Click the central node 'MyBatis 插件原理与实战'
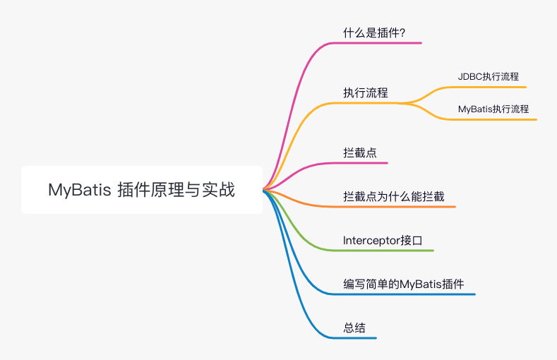click(x=141, y=190)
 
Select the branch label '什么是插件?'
click(x=374, y=32)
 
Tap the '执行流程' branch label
click(x=365, y=92)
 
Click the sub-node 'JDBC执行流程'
click(x=489, y=77)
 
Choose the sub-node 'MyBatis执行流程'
click(x=493, y=109)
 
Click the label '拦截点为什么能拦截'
click(x=393, y=196)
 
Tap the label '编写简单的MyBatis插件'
click(x=403, y=284)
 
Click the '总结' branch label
click(x=354, y=328)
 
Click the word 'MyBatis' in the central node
click(x=76, y=190)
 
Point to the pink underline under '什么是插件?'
click(x=381, y=43)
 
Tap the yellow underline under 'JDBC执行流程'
click(x=487, y=87)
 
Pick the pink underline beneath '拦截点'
click(x=364, y=163)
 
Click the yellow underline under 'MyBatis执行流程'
click(x=494, y=119)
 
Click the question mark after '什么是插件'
click(x=402, y=32)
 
